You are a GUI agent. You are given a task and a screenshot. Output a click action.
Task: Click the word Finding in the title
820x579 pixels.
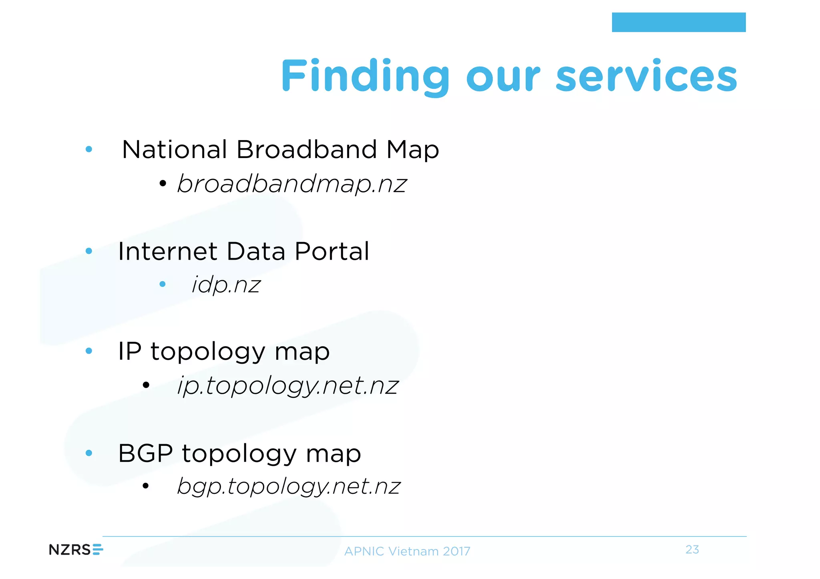click(365, 76)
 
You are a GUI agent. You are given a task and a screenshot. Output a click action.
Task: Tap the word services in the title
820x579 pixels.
click(646, 76)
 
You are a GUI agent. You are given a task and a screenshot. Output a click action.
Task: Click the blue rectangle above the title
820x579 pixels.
click(679, 22)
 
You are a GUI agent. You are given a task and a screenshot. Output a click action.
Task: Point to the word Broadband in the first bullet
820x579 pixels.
click(306, 150)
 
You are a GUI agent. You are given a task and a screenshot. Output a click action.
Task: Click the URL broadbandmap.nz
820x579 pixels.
click(292, 184)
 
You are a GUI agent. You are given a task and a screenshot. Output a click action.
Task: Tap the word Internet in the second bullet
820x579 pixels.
click(167, 251)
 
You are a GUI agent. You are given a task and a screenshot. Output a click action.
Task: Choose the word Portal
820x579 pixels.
click(332, 251)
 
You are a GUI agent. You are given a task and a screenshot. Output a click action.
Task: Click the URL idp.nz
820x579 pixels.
click(226, 285)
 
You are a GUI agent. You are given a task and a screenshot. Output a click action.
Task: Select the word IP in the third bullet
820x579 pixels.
click(129, 351)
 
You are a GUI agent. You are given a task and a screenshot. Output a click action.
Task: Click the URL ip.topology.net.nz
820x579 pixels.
click(288, 386)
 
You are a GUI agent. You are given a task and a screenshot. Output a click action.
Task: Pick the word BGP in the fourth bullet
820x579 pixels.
click(145, 453)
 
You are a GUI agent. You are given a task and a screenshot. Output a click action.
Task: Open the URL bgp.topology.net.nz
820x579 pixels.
click(289, 487)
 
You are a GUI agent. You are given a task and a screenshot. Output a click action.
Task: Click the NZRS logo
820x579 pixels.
click(76, 550)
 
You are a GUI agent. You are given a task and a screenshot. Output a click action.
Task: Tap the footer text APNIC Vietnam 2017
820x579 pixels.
click(407, 551)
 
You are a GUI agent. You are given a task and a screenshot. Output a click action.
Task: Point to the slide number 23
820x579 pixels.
click(692, 549)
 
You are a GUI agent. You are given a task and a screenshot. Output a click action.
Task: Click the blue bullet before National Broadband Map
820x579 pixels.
click(89, 150)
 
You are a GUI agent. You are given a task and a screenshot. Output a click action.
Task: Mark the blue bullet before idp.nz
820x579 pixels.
click(162, 284)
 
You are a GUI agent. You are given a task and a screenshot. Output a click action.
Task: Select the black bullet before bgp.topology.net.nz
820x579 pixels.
click(146, 486)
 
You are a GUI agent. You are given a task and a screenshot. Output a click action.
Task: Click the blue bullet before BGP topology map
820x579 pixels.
click(89, 453)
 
